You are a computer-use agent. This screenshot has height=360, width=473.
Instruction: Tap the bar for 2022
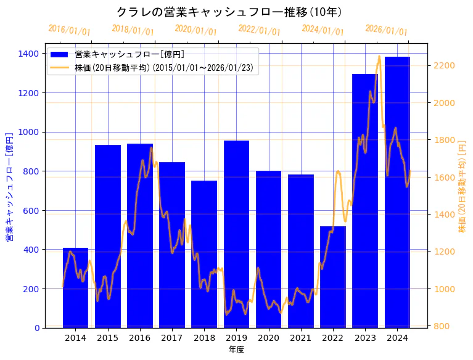click(x=333, y=277)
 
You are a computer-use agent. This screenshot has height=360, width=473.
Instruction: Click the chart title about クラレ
click(x=229, y=12)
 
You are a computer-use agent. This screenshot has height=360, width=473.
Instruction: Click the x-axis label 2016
click(x=140, y=338)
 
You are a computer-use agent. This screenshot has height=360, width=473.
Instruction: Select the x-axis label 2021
click(x=300, y=338)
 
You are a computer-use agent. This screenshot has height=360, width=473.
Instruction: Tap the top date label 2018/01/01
click(x=133, y=30)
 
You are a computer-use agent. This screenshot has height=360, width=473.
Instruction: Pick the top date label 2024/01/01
click(x=323, y=30)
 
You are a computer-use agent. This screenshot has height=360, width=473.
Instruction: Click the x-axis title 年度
click(x=236, y=350)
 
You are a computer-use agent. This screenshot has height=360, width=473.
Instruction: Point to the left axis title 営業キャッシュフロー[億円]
click(x=9, y=186)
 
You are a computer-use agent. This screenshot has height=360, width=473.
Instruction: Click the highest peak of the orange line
click(x=379, y=56)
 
